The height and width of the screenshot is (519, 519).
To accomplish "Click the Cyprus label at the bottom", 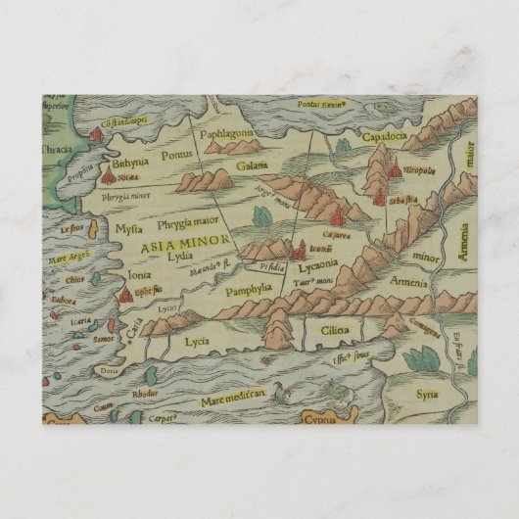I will coord(335,418).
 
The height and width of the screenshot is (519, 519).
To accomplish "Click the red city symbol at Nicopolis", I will coord(394,170).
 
